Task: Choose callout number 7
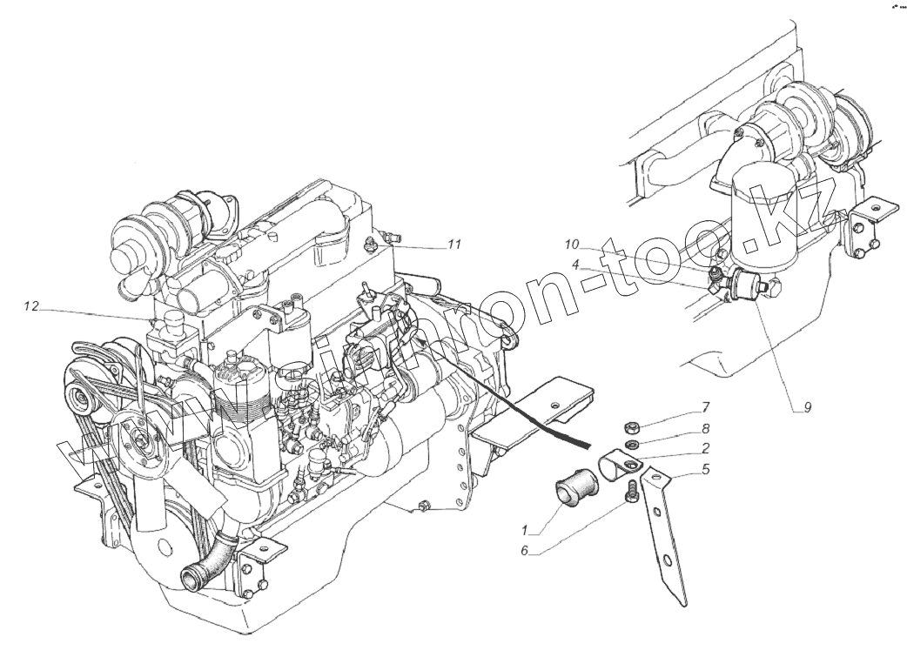click(707, 406)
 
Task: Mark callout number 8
click(707, 428)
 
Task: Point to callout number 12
click(32, 306)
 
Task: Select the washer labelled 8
click(634, 445)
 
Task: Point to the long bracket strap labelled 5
click(666, 540)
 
